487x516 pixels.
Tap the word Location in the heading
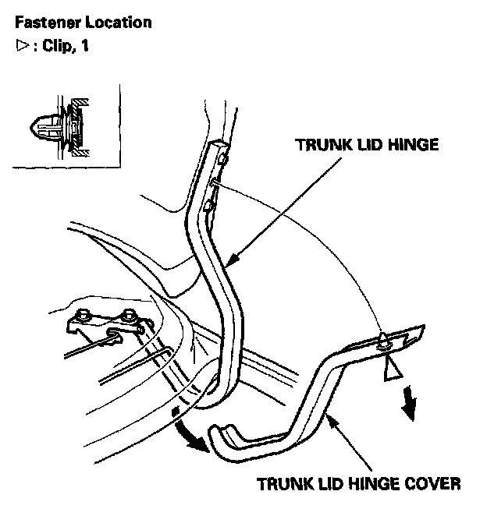coord(121,22)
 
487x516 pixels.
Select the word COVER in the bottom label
coord(435,483)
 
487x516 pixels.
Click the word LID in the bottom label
coord(337,483)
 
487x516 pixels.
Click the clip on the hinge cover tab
coord(384,341)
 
